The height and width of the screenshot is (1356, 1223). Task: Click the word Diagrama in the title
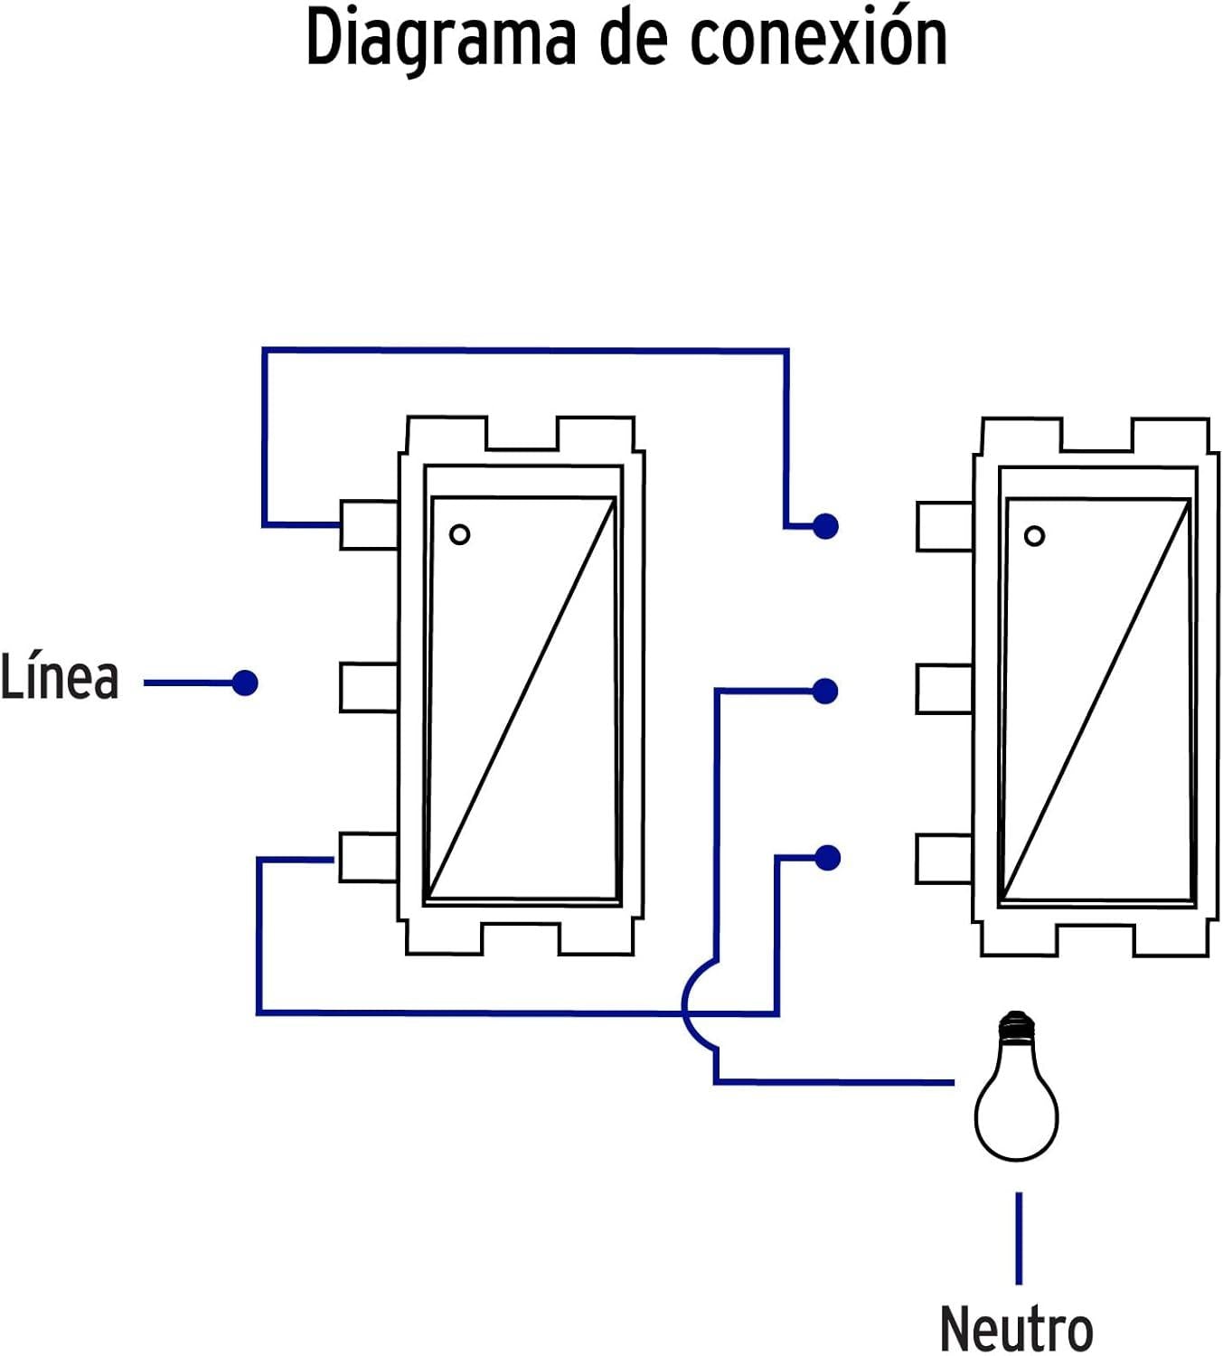441,38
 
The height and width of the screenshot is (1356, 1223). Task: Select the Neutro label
1016,1328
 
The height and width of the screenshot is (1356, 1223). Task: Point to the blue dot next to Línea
245,683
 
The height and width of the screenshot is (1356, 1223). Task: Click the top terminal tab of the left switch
369,524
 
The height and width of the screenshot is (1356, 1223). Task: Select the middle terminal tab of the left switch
369,687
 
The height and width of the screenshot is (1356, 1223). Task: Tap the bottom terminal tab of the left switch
369,857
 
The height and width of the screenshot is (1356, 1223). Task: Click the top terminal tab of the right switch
944,526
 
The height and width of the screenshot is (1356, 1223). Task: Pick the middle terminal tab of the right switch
944,689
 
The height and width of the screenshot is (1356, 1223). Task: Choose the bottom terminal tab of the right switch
944,858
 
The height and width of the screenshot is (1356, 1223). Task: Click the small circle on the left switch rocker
459,534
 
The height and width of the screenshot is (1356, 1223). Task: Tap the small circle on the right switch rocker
1034,536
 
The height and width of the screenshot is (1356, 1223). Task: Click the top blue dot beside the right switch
825,525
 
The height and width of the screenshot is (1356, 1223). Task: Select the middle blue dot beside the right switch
825,692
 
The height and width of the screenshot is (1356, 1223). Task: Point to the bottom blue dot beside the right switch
827,857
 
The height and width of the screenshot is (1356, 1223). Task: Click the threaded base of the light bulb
1017,1026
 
